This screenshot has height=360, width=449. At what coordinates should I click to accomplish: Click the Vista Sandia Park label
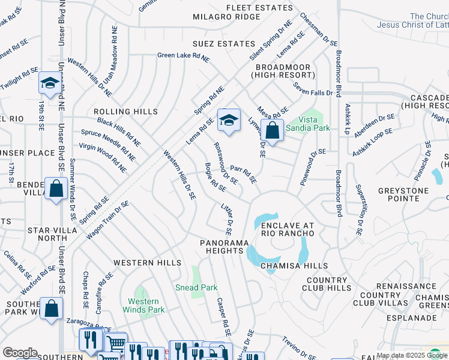click(307, 124)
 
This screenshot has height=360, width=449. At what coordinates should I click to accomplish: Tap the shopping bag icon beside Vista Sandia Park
click(272, 130)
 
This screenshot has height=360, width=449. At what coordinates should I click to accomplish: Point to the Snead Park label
click(196, 288)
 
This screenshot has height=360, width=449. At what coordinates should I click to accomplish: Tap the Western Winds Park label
click(143, 305)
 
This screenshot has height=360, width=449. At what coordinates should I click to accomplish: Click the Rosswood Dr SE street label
click(226, 162)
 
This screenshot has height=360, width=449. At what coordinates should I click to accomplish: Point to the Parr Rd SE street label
click(244, 175)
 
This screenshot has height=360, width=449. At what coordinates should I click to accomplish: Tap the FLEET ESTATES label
click(259, 7)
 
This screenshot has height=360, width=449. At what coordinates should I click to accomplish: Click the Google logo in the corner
click(20, 353)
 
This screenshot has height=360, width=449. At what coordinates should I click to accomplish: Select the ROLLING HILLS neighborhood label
click(125, 112)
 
